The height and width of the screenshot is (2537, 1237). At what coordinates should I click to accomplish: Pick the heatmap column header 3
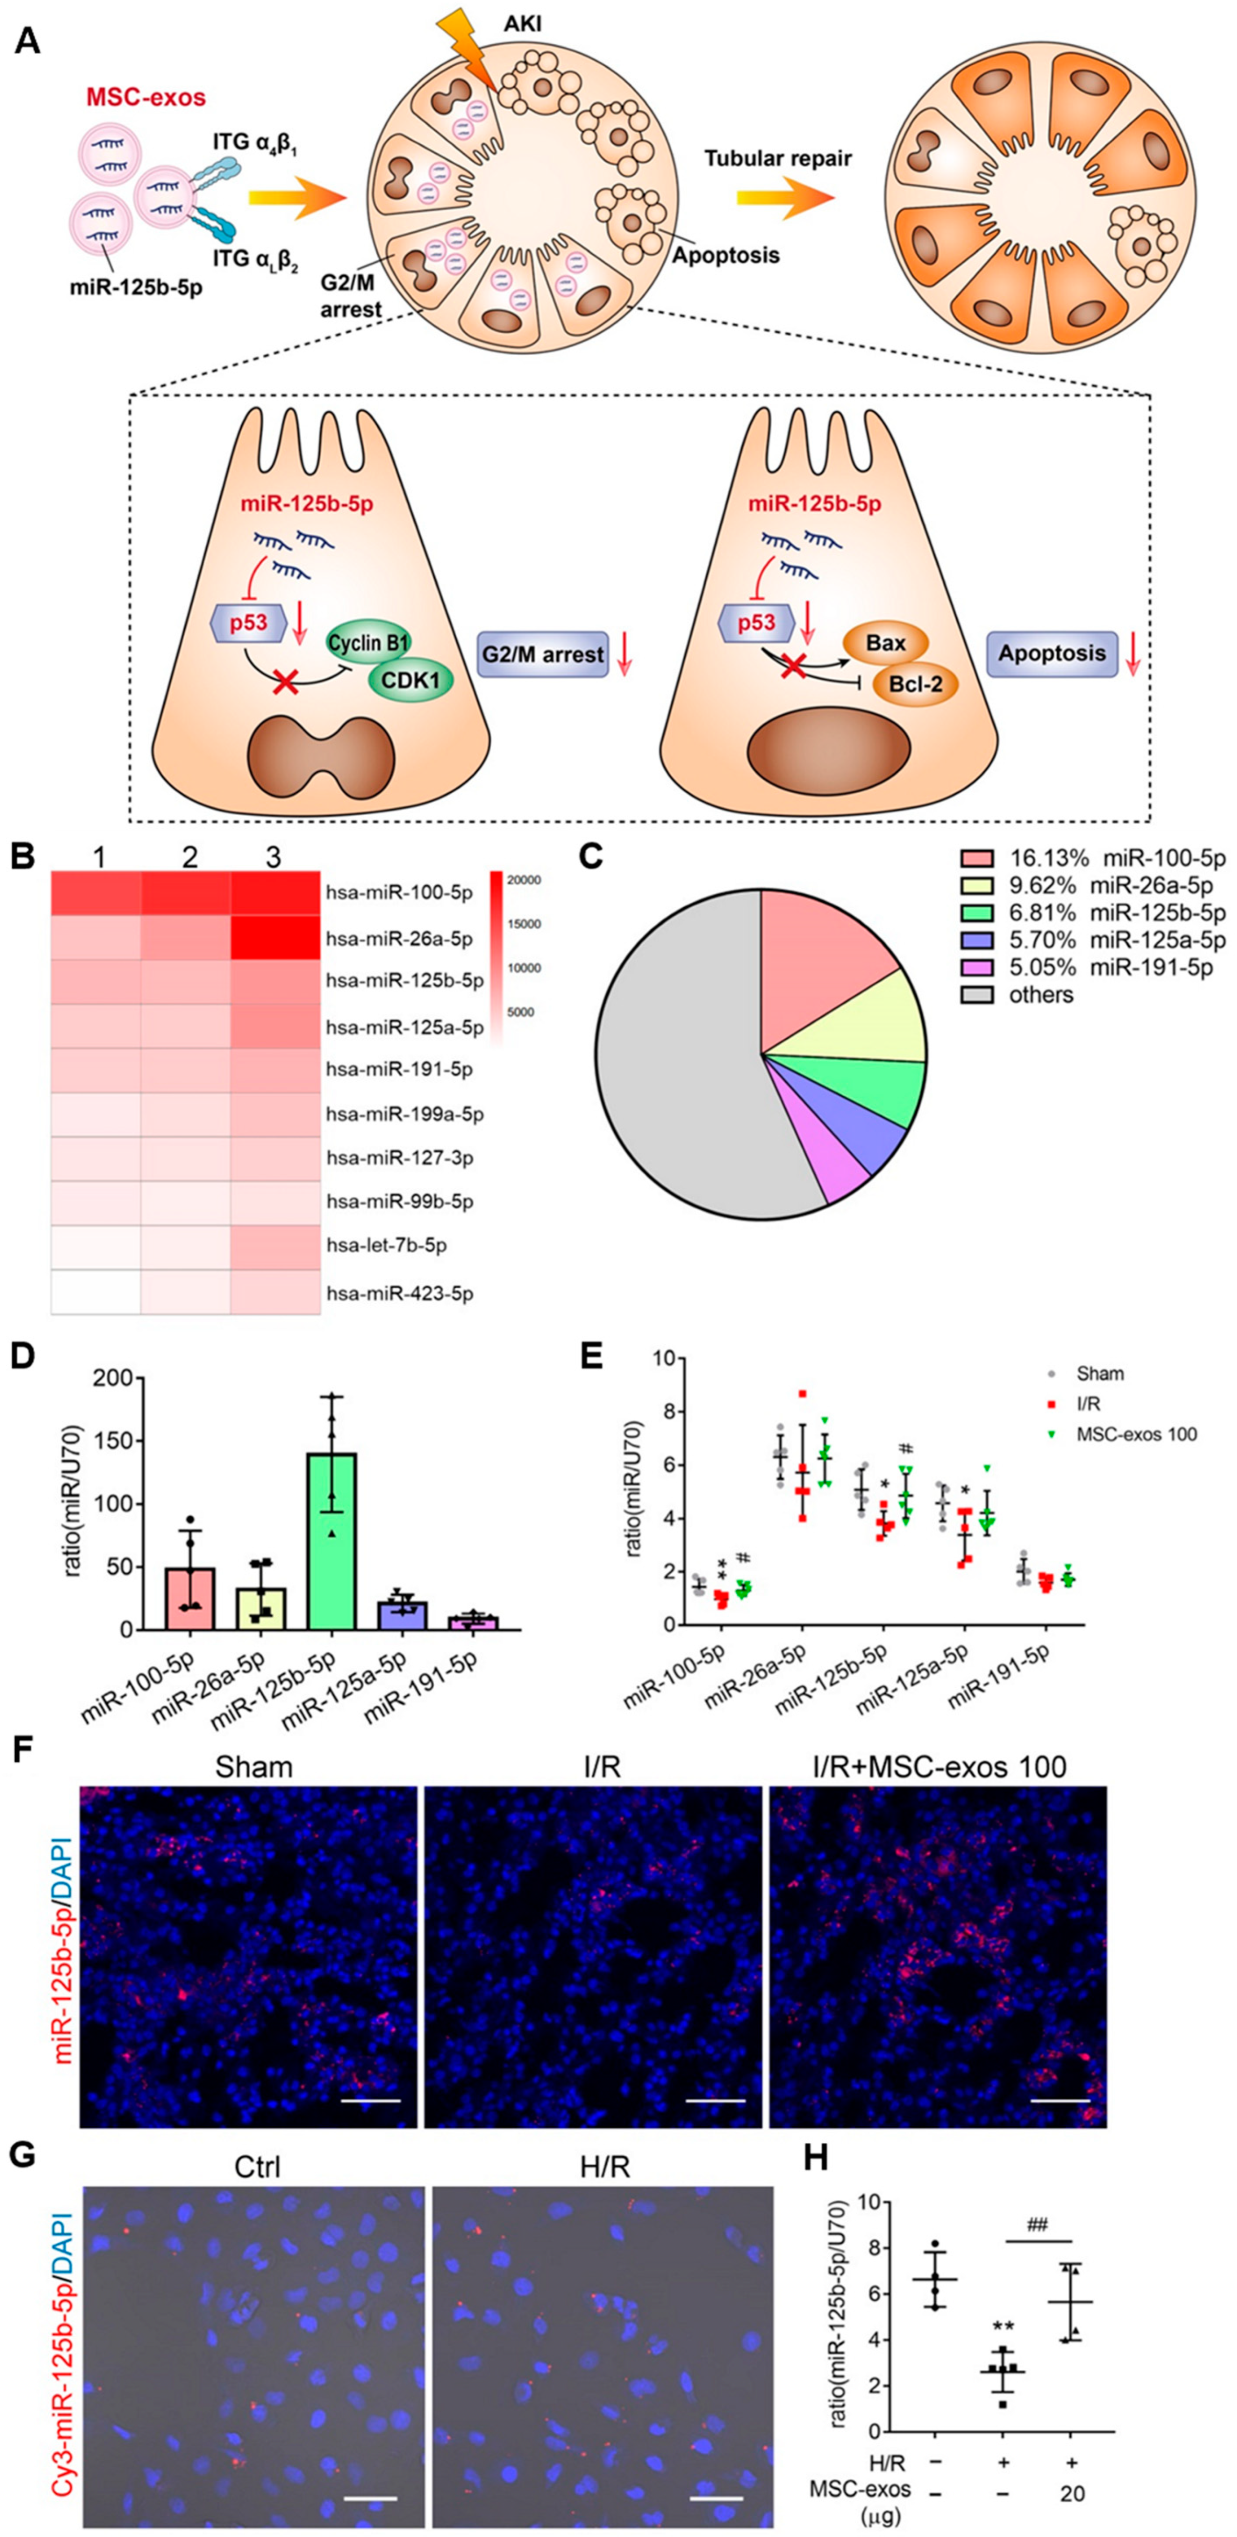273,857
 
